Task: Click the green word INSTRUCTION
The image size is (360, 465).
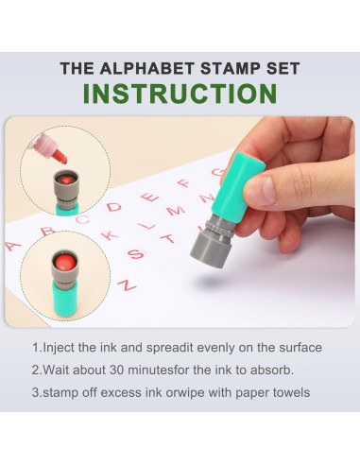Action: point(180,94)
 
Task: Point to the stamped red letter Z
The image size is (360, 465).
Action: point(127,284)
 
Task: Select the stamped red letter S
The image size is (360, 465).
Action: point(136,254)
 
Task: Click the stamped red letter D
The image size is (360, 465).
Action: point(113,207)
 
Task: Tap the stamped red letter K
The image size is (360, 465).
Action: point(110,234)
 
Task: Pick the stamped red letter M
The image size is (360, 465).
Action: point(176,210)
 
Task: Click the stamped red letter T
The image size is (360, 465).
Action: point(168,238)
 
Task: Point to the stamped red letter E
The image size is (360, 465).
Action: point(150,197)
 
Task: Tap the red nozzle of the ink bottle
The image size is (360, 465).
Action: point(60,156)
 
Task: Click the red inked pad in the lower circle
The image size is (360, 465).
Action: point(64,262)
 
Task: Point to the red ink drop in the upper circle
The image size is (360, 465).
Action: point(66,181)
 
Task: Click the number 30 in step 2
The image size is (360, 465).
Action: point(116,370)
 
